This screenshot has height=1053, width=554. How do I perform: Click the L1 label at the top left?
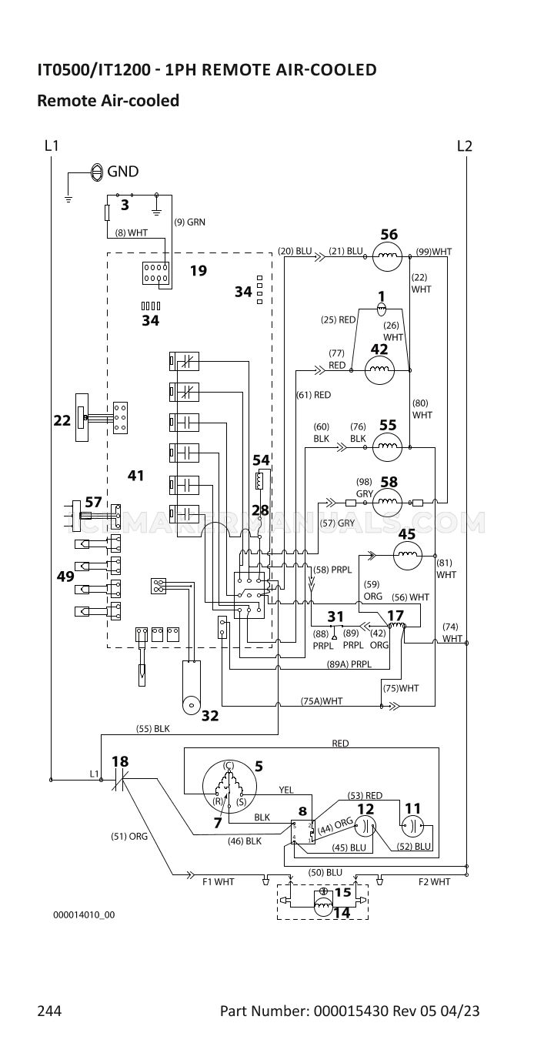tap(52, 145)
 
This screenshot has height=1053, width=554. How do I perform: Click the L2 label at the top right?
tap(464, 145)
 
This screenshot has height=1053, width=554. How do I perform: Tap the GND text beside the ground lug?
tap(122, 172)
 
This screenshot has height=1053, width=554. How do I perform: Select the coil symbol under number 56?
tap(388, 256)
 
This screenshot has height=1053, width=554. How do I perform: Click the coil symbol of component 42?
tap(379, 370)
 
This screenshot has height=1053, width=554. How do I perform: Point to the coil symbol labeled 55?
tap(388, 447)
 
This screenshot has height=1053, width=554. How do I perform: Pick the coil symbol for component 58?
tap(388, 503)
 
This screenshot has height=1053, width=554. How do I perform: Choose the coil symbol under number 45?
tap(407, 556)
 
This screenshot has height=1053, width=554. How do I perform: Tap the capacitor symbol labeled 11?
tap(412, 826)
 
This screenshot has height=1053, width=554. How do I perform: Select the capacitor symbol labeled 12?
tap(365, 826)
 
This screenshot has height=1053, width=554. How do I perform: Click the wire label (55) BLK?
tap(152, 729)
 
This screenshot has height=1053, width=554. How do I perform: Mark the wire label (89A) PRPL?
tap(349, 664)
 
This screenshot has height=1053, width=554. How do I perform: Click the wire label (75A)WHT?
tap(322, 701)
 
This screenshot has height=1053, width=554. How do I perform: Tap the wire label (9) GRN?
tap(190, 222)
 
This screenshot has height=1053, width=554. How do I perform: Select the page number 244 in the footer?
tap(49, 1011)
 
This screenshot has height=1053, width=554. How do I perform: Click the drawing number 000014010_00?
tap(84, 914)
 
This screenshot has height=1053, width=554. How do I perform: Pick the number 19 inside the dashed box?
tap(199, 271)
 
